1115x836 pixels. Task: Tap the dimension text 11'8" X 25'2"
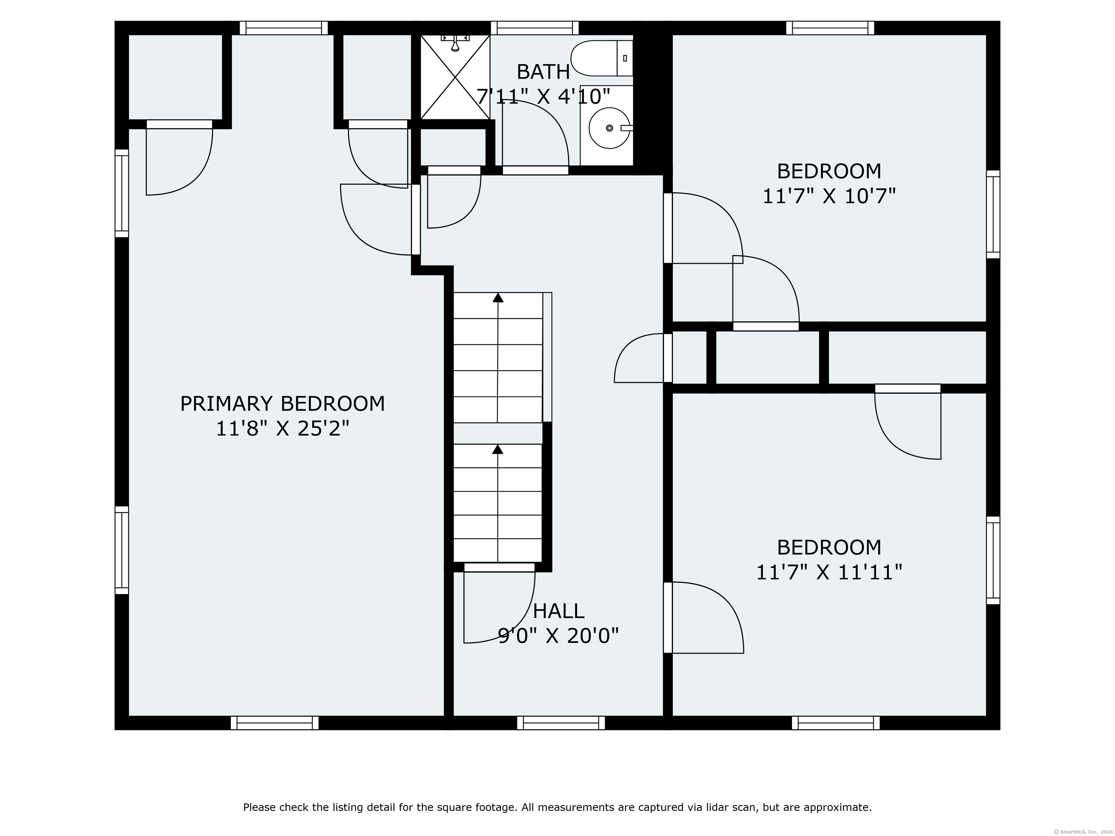coord(282,429)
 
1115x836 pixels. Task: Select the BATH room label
coord(543,72)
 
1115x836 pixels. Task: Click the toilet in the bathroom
coord(602,58)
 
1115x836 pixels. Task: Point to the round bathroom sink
coord(610,128)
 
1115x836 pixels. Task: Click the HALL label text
coord(559,611)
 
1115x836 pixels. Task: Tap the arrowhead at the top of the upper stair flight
coord(498,297)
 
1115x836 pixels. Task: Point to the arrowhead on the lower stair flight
coord(498,449)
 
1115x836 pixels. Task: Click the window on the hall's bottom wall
coord(561,723)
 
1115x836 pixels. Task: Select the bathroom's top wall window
coord(535,28)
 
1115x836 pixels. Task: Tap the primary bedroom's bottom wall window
coord(275,723)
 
